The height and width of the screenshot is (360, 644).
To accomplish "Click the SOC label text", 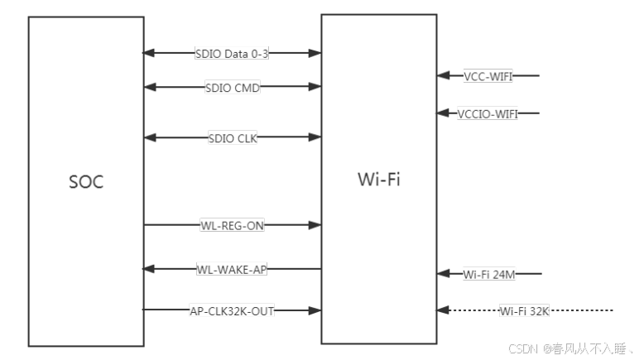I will (x=86, y=182).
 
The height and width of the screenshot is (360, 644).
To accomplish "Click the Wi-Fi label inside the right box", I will (x=378, y=179).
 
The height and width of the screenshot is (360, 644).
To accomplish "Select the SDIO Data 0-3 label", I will (x=232, y=53).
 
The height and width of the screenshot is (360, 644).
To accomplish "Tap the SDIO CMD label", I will (x=232, y=86).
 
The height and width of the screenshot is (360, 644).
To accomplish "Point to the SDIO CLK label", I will (x=233, y=137).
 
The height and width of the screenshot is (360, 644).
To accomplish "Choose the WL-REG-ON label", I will (x=232, y=224).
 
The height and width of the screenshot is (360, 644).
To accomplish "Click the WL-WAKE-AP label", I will (x=232, y=269).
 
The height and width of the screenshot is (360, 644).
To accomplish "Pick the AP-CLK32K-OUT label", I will (x=232, y=310).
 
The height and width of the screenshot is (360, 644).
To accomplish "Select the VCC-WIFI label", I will (x=488, y=76).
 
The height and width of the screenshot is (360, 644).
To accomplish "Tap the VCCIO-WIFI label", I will (x=488, y=113).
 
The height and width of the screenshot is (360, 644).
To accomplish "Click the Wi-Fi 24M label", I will (x=488, y=273).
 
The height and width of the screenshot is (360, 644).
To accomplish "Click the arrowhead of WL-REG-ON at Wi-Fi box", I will (x=315, y=224).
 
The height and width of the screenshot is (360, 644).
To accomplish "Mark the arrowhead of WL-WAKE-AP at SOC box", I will (x=150, y=269).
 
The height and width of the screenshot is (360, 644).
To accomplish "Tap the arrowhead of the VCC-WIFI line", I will (x=444, y=76).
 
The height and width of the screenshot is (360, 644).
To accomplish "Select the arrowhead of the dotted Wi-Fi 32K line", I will (x=444, y=310).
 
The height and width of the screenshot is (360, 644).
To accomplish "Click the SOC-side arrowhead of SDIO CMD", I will (x=150, y=86).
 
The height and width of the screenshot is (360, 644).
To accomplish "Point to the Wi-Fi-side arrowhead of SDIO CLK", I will (x=315, y=137).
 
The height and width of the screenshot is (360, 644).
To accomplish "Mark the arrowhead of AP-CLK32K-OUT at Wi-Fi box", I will (x=315, y=310).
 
